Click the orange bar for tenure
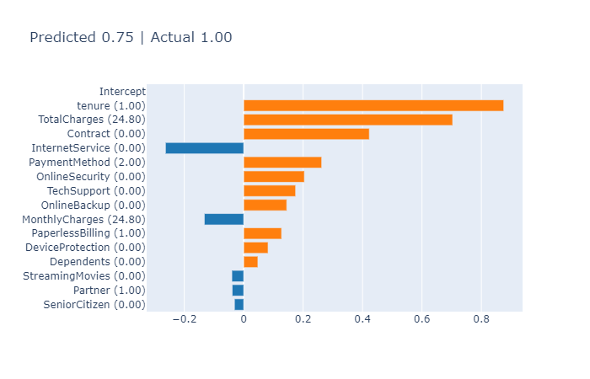tap(373, 105)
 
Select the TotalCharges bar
tap(347, 120)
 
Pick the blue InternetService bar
tap(204, 148)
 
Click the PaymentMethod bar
tap(282, 163)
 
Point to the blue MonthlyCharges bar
tap(223, 219)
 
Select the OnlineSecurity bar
tap(274, 177)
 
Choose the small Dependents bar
tap(250, 262)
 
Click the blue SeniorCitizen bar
tap(239, 305)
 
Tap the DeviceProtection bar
tap(255, 248)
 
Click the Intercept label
tap(122, 92)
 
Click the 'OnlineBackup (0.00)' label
tap(94, 205)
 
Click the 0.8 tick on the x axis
tap(480, 320)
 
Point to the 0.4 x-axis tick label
tap(362, 320)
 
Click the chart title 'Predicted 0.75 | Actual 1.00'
tap(131, 38)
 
